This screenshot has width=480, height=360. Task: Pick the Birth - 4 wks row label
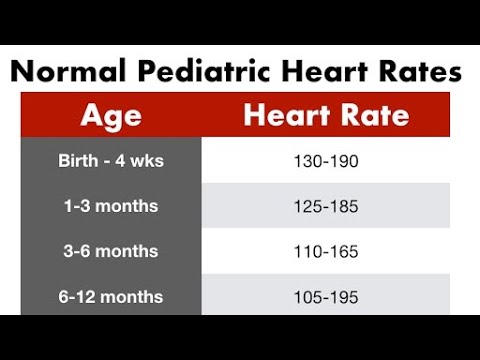[x=111, y=161]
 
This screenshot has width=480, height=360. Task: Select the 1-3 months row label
[x=111, y=206]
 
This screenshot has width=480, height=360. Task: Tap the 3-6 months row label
[x=111, y=251]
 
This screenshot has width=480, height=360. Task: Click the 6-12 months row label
[x=111, y=297]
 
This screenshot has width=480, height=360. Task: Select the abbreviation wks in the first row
[x=147, y=161]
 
